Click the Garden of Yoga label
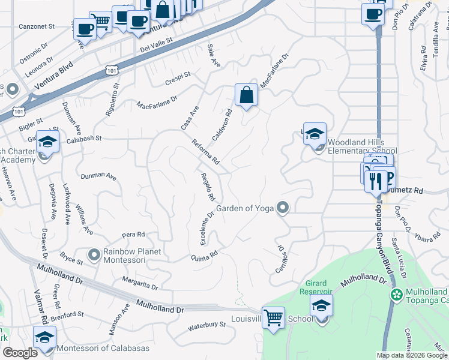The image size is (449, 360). [245, 208]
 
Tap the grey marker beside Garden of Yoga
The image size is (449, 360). [283, 208]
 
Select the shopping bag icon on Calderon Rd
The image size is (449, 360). [246, 95]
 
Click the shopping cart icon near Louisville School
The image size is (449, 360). [273, 317]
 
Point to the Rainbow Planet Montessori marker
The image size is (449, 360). [94, 255]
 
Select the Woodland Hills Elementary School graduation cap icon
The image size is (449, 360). [315, 134]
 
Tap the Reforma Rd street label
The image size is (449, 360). [206, 152]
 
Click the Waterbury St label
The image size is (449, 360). [206, 325]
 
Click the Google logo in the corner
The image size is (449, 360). [20, 353]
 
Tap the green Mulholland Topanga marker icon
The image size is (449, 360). [396, 295]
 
